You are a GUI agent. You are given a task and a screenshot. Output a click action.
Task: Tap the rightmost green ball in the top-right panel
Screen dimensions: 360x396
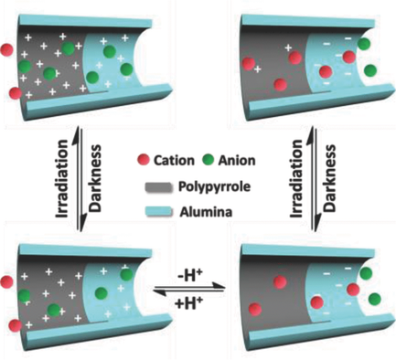pyautogui.click(x=369, y=69)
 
